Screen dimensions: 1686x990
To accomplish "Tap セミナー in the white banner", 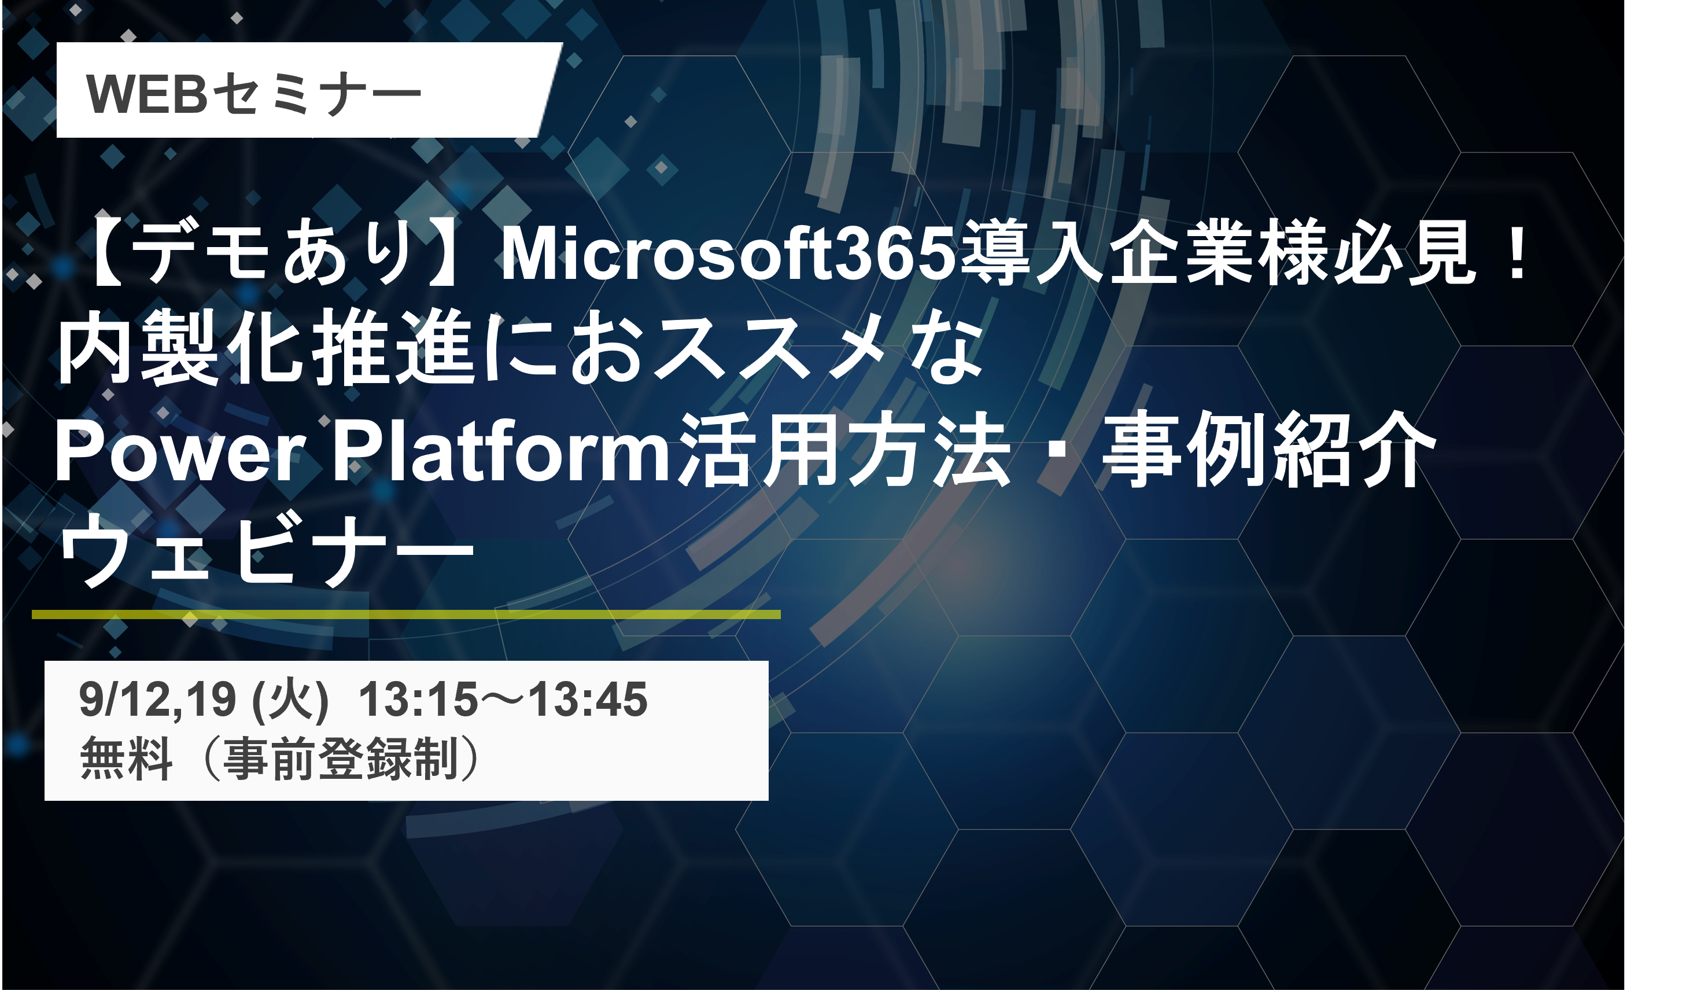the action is tap(316, 94).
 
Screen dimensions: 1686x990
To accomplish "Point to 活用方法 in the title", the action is tap(844, 450).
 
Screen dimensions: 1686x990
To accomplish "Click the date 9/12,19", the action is tap(158, 700).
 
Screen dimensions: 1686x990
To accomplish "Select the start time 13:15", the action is tap(419, 700).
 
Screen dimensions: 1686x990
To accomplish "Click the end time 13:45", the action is tap(588, 700).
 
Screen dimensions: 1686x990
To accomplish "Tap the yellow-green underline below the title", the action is tap(406, 614).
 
